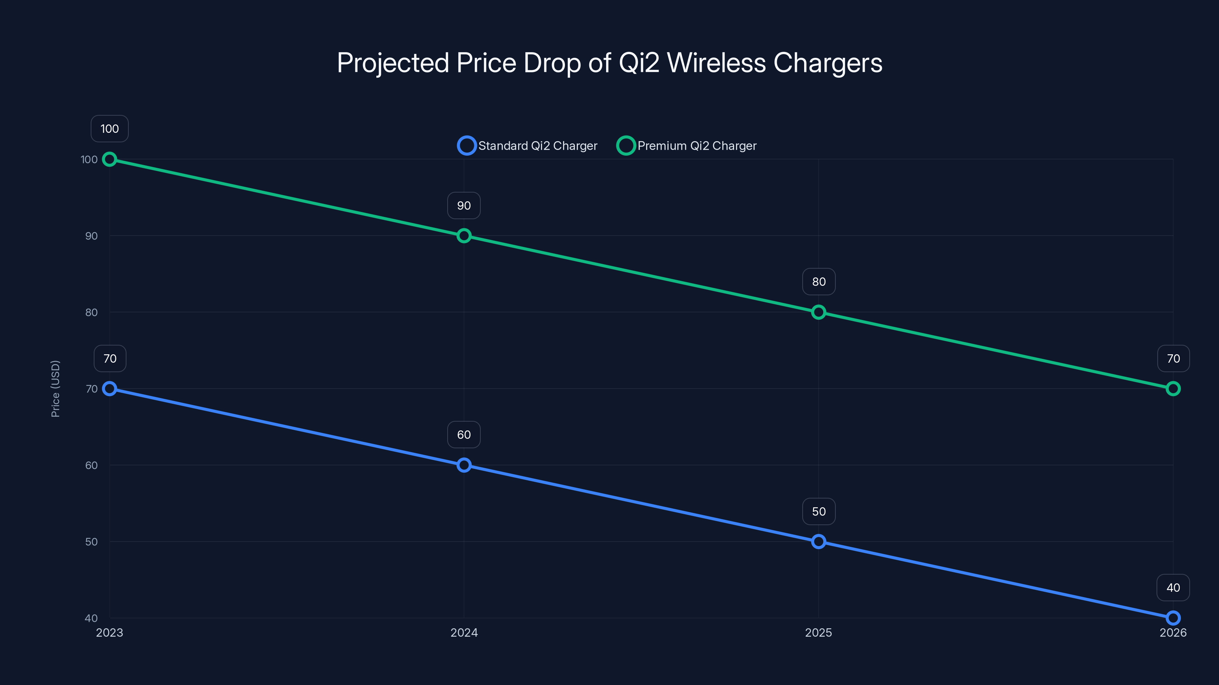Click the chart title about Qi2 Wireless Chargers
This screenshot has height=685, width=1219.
(609, 63)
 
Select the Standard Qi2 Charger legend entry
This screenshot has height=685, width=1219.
(528, 146)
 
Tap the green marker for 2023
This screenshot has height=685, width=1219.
(110, 159)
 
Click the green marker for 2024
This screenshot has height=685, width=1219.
(464, 236)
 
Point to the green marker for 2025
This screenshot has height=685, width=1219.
(819, 312)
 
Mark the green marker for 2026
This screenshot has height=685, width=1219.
(1173, 389)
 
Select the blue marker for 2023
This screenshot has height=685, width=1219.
(110, 389)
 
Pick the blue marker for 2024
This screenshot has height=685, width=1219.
(464, 465)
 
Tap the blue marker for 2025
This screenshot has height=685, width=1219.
(819, 541)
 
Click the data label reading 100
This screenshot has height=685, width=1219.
(110, 129)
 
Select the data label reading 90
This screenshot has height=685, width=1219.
(464, 205)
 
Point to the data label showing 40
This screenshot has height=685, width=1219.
(1173, 588)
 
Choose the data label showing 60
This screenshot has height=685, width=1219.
(464, 435)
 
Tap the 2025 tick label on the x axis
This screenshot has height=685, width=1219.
(819, 632)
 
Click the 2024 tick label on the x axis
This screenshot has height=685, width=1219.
(464, 632)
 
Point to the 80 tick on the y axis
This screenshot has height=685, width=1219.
(91, 312)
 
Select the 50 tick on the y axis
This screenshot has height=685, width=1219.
(91, 542)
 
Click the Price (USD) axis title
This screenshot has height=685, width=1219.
(55, 389)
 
